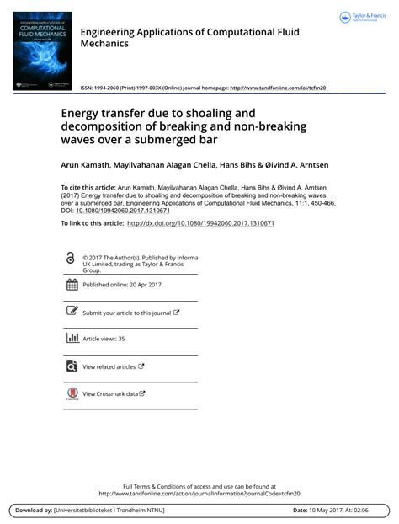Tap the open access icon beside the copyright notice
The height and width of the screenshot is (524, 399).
[72, 259]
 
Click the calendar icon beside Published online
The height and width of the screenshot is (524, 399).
[72, 285]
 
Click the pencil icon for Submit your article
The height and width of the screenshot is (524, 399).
[72, 312]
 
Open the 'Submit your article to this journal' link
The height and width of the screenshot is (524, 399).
[130, 313]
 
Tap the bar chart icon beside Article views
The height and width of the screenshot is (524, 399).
[72, 339]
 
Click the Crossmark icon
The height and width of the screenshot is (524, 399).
[72, 393]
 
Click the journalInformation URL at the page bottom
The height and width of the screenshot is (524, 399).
[199, 494]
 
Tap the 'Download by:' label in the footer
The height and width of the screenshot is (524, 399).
[33, 511]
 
